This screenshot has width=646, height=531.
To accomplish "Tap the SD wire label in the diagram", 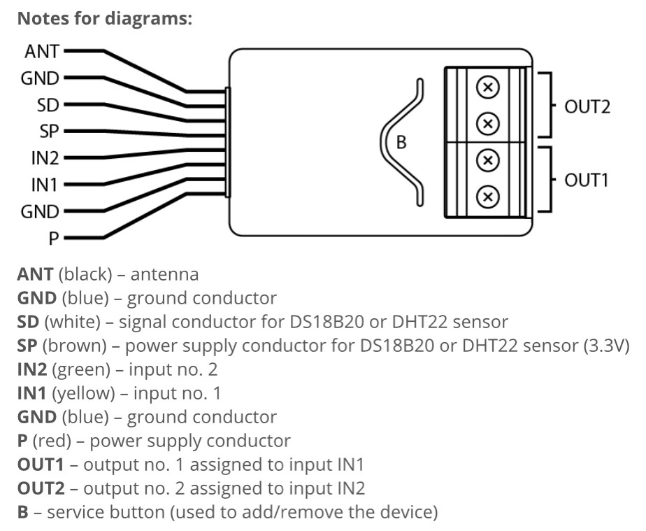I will (x=48, y=105).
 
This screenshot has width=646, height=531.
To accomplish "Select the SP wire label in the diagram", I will (x=48, y=132).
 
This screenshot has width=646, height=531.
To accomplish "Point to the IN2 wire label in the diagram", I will (x=44, y=158).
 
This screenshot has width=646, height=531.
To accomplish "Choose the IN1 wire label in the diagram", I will (x=44, y=185).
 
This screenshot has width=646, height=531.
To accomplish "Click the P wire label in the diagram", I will (x=54, y=238).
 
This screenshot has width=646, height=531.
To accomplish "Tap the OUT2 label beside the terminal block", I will (x=587, y=107).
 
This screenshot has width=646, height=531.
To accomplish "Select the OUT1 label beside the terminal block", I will (x=587, y=180).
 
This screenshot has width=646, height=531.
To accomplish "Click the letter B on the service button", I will (x=401, y=142).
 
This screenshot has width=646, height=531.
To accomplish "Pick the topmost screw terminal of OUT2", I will (x=488, y=87).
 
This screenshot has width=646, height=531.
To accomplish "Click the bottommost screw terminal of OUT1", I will (x=488, y=197).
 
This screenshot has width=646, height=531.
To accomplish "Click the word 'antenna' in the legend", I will (x=164, y=274).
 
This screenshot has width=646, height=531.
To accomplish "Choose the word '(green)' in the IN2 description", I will (x=88, y=369).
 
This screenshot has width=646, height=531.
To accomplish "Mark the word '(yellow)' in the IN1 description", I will (x=89, y=393).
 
